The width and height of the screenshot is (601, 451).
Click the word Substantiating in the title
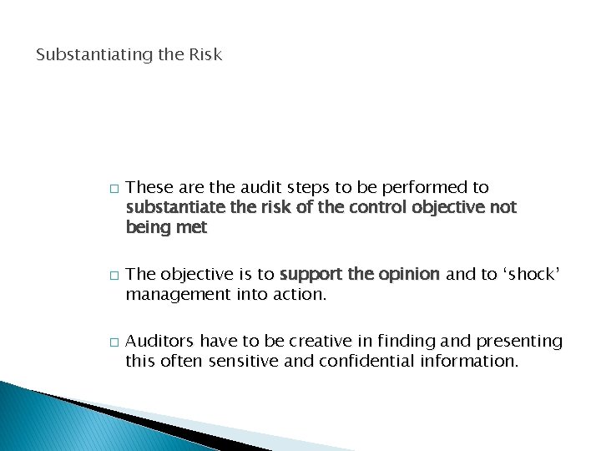click(88, 55)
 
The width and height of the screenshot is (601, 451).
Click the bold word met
click(192, 226)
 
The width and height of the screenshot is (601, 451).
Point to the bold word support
click(311, 275)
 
